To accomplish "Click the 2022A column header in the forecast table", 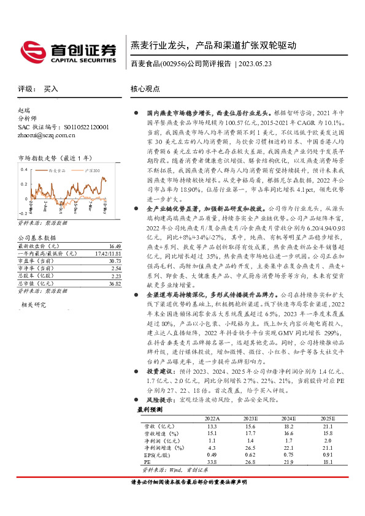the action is [x=212, y=417].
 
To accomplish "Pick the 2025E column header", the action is [x=328, y=417].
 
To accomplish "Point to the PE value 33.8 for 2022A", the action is [x=212, y=462].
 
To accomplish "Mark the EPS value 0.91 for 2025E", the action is [x=328, y=455].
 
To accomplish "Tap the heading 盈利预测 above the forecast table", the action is [x=149, y=409].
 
